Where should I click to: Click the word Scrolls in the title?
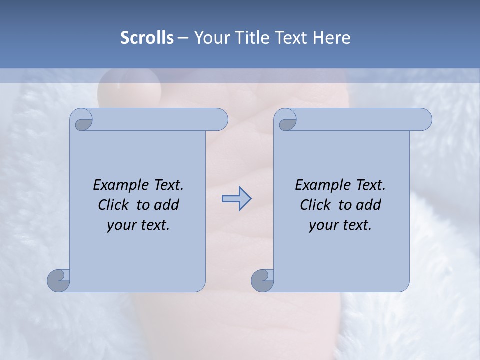pyautogui.click(x=147, y=37)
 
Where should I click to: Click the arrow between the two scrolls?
pyautogui.click(x=236, y=199)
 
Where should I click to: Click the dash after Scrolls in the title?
pyautogui.click(x=183, y=38)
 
